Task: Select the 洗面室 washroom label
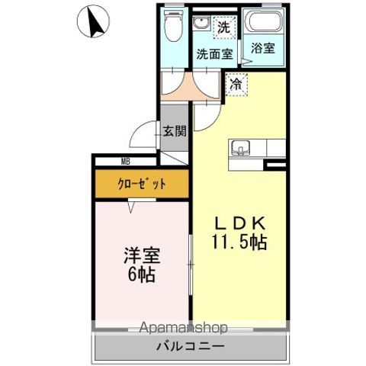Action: (214, 54)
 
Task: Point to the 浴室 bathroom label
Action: (265, 47)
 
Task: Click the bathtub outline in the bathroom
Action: (265, 23)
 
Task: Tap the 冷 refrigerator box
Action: (235, 84)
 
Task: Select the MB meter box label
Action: (125, 161)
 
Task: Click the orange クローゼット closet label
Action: (141, 184)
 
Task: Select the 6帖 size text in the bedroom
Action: (140, 274)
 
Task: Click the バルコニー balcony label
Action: (191, 347)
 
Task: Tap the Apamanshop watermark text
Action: (183, 328)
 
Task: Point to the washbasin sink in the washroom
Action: (201, 23)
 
